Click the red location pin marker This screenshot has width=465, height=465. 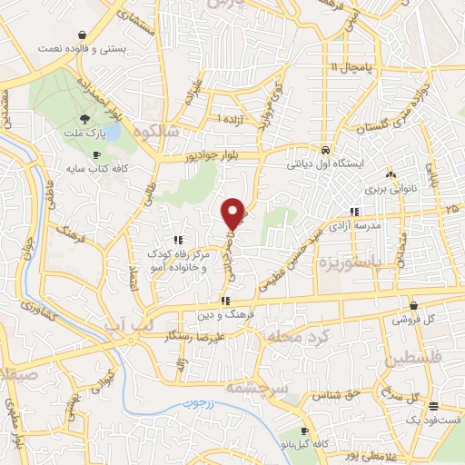coord(233,213)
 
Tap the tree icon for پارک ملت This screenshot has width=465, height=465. coord(84,119)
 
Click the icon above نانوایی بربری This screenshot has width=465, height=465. coord(391,174)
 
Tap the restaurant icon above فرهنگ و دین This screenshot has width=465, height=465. coord(224,302)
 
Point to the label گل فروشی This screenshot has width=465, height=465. coord(414,320)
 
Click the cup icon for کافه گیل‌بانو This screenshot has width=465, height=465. coord(305,430)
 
